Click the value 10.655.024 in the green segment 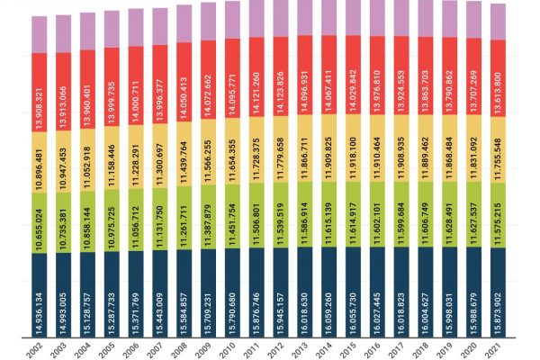point(40,226)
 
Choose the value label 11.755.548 point(499,153)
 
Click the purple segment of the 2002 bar point(40,34)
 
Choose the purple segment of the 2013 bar point(305,18)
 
